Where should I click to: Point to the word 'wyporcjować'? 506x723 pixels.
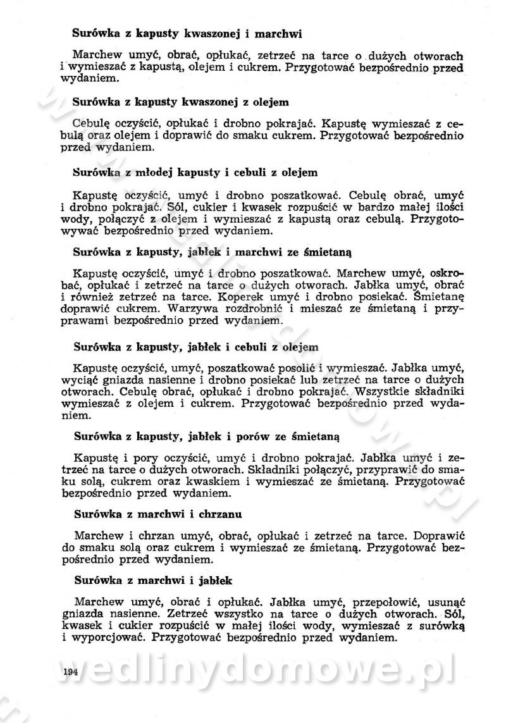(102, 638)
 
